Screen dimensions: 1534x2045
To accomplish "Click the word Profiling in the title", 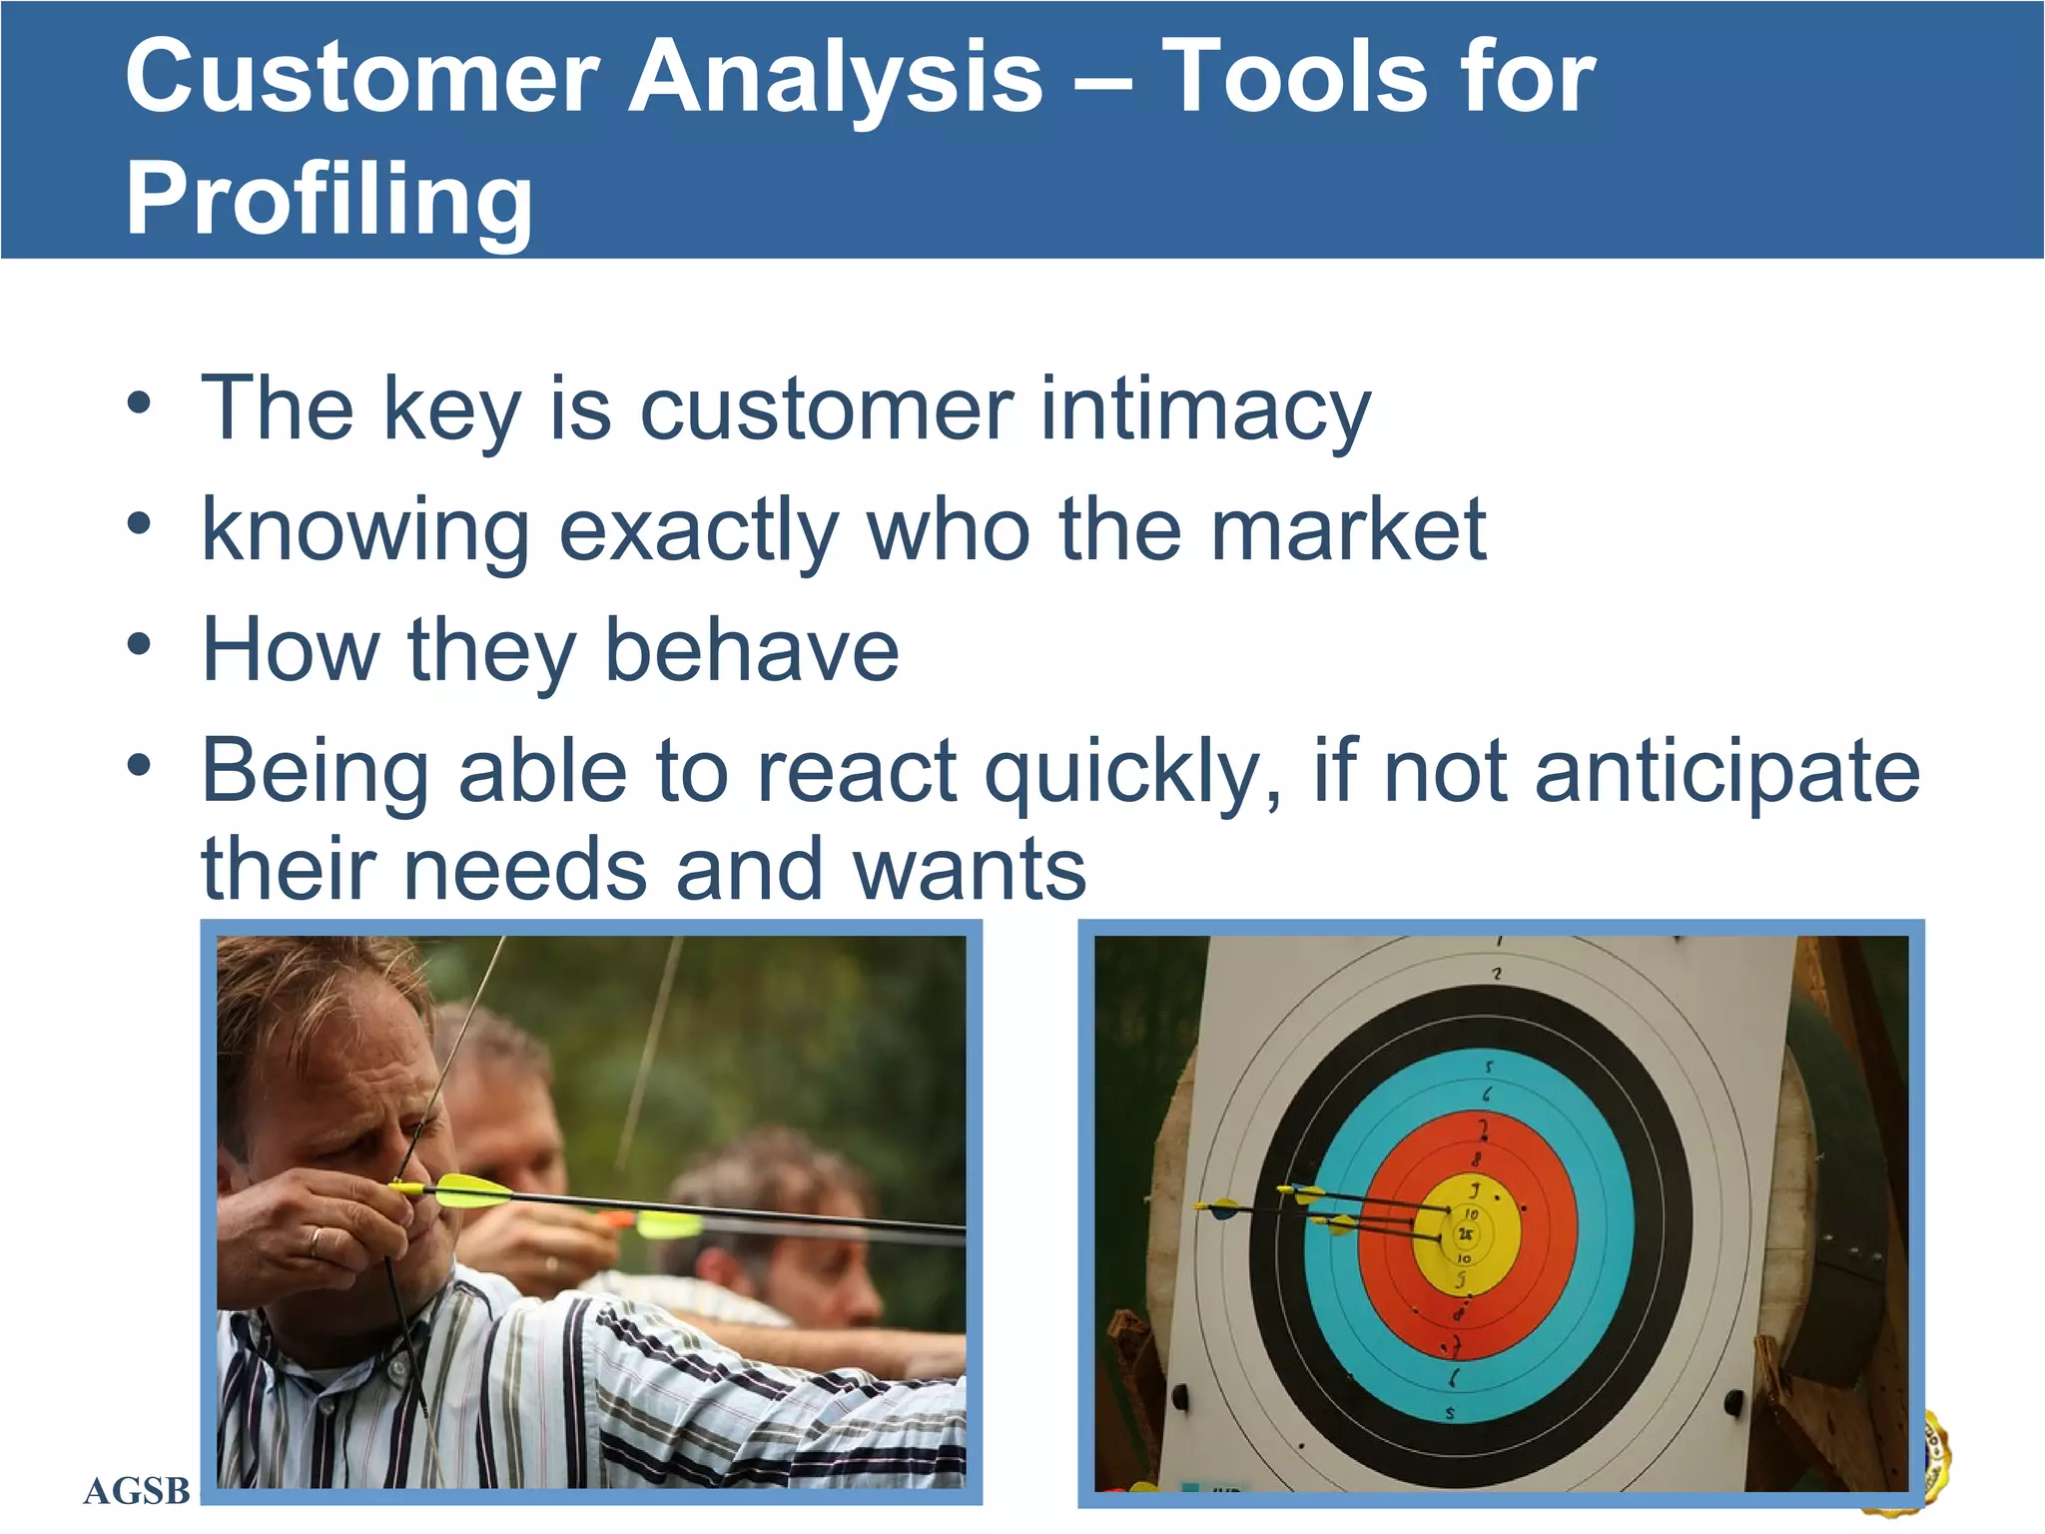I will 329,200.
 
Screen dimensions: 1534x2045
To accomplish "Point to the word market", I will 1348,530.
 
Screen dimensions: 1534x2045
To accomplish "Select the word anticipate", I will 1726,772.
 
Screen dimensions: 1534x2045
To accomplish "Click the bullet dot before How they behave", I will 139,645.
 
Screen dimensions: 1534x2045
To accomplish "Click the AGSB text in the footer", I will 137,1491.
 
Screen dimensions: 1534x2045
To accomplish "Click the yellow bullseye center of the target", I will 1466,1236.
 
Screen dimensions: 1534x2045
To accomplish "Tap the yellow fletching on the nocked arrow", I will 473,1190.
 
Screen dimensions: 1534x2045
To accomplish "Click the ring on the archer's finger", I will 317,1241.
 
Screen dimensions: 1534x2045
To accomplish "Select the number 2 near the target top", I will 1497,974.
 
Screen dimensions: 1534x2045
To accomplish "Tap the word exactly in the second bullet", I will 698,530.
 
